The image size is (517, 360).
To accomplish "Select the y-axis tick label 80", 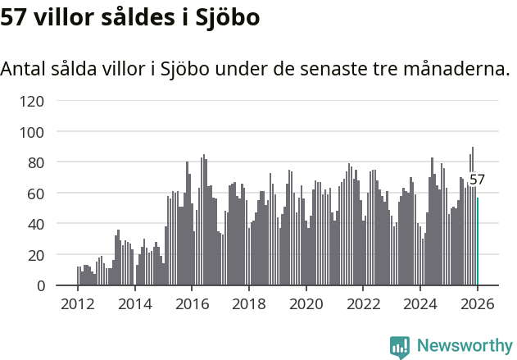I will click(x=35, y=162).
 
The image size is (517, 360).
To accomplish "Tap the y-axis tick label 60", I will click(x=35, y=194).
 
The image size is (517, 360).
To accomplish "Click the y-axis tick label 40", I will click(x=35, y=224).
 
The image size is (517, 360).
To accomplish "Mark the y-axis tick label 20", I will click(x=35, y=255).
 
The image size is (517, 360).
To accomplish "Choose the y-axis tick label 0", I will click(x=39, y=285).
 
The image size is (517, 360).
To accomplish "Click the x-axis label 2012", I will click(x=78, y=303).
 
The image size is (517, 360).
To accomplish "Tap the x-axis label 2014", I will click(x=135, y=303).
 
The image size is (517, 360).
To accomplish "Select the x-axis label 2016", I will click(x=192, y=303).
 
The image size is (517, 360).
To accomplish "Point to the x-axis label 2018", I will click(x=249, y=303).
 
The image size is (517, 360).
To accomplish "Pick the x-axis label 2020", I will click(x=306, y=303).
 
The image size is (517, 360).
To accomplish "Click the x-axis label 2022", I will click(x=363, y=303).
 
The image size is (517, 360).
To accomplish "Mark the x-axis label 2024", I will click(x=419, y=303).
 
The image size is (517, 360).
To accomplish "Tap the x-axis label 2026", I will click(x=477, y=303).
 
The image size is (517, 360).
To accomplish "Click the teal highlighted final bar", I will click(x=478, y=241).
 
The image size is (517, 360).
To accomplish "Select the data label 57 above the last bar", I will click(x=477, y=180).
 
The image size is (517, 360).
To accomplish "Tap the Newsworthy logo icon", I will click(x=400, y=347).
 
